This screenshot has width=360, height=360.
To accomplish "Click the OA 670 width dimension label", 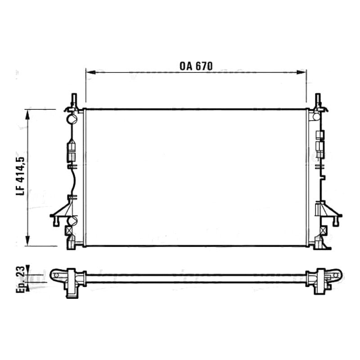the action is (x=196, y=66).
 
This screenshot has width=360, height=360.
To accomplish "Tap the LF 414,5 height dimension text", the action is (x=20, y=176).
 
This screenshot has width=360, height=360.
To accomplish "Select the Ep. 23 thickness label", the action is (x=20, y=279).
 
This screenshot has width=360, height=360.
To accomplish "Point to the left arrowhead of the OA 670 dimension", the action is (x=90, y=72).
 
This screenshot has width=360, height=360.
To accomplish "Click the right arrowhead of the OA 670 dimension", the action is (x=301, y=72).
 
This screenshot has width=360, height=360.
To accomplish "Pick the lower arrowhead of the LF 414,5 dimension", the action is (x=28, y=241).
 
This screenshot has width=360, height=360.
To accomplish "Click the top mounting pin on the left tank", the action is (x=74, y=99).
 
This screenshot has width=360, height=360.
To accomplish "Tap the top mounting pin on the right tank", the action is (x=318, y=99).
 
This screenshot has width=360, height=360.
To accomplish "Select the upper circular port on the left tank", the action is (x=72, y=119).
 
